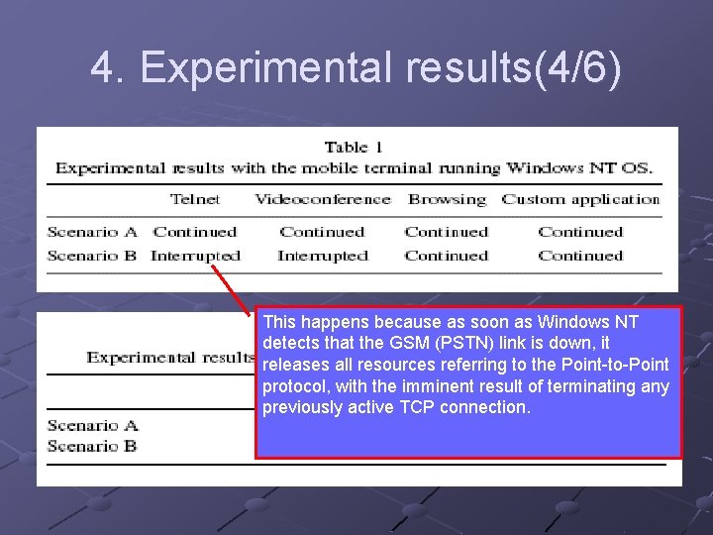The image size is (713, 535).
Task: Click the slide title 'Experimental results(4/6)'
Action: coord(356,68)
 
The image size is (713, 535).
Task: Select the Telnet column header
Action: coord(195,199)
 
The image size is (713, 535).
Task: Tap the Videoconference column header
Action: coord(323,199)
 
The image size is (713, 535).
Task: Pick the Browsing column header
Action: coord(447,199)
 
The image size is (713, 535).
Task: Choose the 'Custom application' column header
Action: coord(580,199)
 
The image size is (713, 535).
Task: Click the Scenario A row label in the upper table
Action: coord(92,232)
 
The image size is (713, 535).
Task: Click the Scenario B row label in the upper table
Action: coord(92,256)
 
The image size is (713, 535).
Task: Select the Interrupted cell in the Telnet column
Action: coord(195,256)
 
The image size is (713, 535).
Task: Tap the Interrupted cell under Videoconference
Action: coord(323,256)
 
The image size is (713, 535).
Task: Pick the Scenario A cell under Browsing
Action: coord(447,232)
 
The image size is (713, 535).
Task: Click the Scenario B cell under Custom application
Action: coord(580,256)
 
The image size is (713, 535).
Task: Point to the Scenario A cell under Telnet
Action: coord(195,232)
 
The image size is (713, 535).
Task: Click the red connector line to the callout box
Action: coord(236,289)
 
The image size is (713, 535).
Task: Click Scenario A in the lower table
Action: coord(92,426)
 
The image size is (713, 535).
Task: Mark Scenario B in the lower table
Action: coord(92,446)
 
